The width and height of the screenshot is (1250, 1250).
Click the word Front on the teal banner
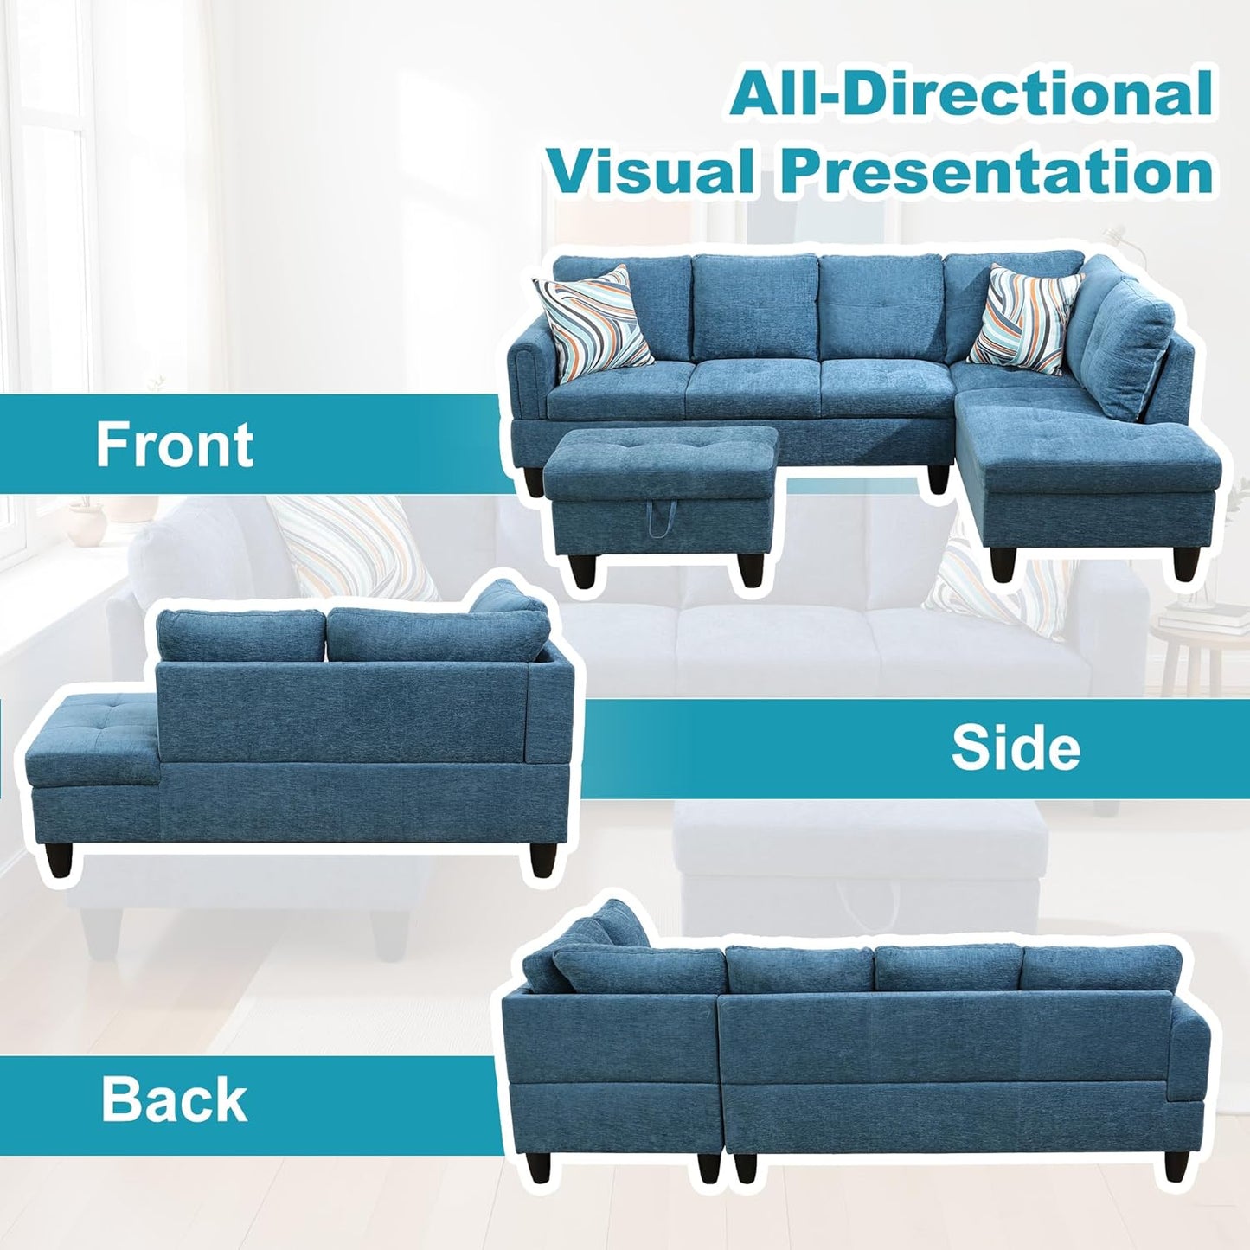(175, 444)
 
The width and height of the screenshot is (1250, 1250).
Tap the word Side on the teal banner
(1016, 748)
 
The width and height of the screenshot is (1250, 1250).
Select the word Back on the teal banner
(174, 1099)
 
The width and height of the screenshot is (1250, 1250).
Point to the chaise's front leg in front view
(1003, 561)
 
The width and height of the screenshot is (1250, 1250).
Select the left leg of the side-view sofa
(57, 862)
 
